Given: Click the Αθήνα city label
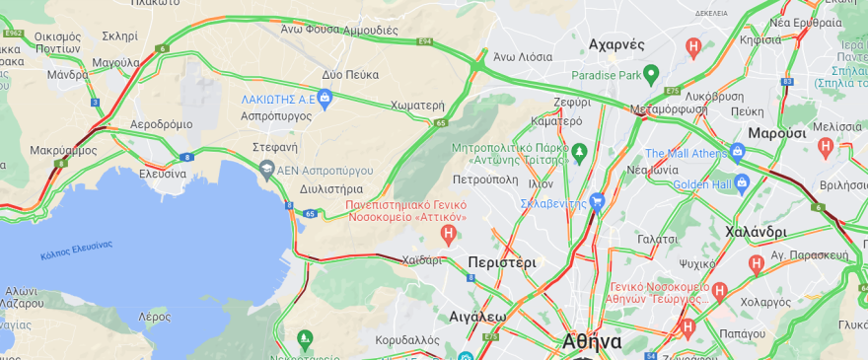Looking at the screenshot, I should tap(592, 341).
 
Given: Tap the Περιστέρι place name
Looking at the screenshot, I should tap(502, 263).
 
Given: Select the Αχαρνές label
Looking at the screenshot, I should tap(615, 44).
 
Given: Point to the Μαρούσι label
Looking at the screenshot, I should tap(777, 132).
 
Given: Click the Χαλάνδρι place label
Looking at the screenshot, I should tap(756, 232).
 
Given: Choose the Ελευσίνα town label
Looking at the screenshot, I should tap(162, 174).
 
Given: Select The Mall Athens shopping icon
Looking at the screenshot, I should tap(737, 152).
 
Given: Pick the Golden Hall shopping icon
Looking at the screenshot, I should tap(743, 183).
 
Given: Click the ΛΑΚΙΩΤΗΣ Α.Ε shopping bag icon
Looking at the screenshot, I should tap(325, 98).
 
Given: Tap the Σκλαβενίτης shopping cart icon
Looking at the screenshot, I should tap(597, 202).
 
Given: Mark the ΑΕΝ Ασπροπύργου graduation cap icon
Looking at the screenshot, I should tap(266, 171).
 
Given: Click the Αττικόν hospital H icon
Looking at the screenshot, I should tap(450, 235).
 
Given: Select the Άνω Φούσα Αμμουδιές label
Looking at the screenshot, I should tap(338, 30).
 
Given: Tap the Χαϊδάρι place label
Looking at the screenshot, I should tap(421, 260).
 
